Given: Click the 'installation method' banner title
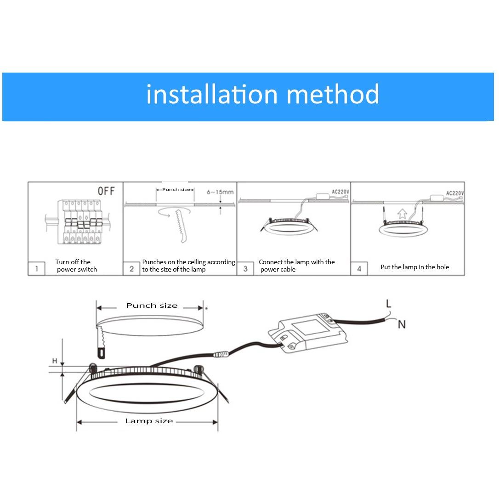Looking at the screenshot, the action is (262, 94).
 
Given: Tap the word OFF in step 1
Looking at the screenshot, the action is (106, 191).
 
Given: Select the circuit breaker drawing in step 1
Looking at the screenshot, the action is (78, 222).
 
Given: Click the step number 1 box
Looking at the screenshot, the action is (36, 269).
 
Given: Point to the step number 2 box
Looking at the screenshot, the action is (131, 269).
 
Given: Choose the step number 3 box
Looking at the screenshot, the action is (245, 269).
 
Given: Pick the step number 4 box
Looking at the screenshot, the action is (359, 269).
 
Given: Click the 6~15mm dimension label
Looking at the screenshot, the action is (220, 192).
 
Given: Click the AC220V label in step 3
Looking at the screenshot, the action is (340, 192).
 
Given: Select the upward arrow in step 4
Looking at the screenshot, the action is (402, 213).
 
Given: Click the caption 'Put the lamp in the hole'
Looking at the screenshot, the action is (414, 267).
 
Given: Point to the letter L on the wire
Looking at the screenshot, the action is (389, 304).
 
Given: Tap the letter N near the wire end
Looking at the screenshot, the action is (402, 324).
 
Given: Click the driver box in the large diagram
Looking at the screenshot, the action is (307, 333).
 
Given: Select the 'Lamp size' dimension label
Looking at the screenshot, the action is (149, 421).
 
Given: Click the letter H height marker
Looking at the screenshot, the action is (55, 361).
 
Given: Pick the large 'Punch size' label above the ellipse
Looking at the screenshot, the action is (152, 306).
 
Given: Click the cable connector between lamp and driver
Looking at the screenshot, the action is (221, 353).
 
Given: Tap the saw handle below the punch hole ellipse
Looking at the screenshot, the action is (101, 353).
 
